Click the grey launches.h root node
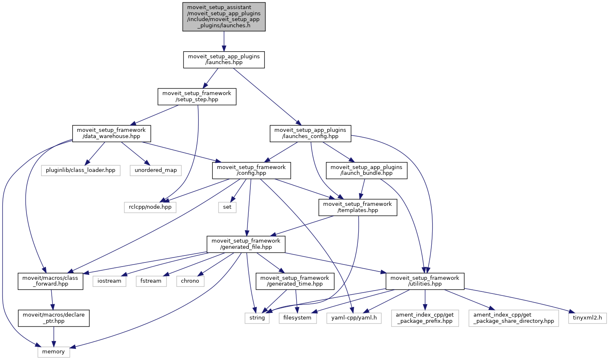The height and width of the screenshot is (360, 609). click(x=224, y=17)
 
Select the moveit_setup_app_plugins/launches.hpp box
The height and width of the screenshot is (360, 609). click(x=224, y=60)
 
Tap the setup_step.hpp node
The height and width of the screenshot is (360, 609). click(x=197, y=96)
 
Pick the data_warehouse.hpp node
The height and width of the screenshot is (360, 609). click(x=111, y=133)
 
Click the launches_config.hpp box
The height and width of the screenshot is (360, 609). click(x=310, y=133)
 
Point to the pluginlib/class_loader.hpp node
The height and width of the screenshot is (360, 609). click(x=81, y=170)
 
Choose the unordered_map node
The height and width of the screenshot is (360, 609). click(x=156, y=170)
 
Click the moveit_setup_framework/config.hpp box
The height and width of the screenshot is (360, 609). click(x=251, y=170)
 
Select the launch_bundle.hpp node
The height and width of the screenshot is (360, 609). click(x=366, y=170)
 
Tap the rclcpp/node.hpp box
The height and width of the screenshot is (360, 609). click(x=150, y=207)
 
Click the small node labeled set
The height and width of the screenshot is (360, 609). click(x=227, y=207)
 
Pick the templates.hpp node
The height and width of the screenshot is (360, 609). click(x=357, y=207)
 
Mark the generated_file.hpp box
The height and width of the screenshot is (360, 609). click(x=246, y=244)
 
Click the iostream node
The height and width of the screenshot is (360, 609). click(x=109, y=281)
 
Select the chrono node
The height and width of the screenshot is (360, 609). click(x=190, y=281)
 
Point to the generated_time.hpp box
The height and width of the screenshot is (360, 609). click(x=295, y=281)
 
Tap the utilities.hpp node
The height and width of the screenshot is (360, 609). click(x=425, y=281)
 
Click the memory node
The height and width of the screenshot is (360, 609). click(x=54, y=352)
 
